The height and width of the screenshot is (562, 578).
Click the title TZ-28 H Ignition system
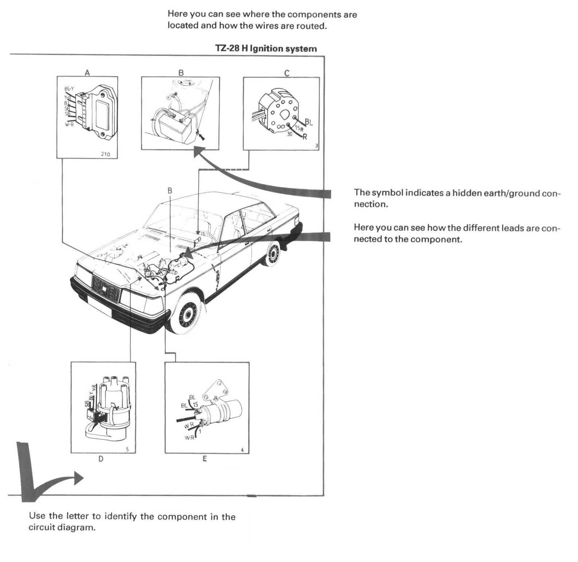(x=266, y=48)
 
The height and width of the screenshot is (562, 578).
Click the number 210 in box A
(x=105, y=154)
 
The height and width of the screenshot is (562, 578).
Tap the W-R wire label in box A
(x=69, y=125)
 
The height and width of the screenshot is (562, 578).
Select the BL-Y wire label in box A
(x=69, y=89)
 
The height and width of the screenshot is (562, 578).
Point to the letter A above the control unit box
(x=87, y=72)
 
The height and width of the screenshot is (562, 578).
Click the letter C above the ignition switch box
(x=287, y=73)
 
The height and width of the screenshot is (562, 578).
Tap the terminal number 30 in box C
(x=290, y=134)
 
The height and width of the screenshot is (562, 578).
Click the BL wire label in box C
(x=309, y=122)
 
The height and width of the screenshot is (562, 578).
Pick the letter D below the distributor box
(x=101, y=459)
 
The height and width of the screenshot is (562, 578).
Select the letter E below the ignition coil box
(x=205, y=459)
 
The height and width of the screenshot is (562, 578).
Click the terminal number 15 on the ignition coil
(x=196, y=405)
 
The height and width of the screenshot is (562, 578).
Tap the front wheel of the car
(x=188, y=314)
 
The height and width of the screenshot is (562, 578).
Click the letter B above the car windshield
(x=170, y=190)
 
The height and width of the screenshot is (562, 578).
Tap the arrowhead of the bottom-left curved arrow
(x=79, y=477)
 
